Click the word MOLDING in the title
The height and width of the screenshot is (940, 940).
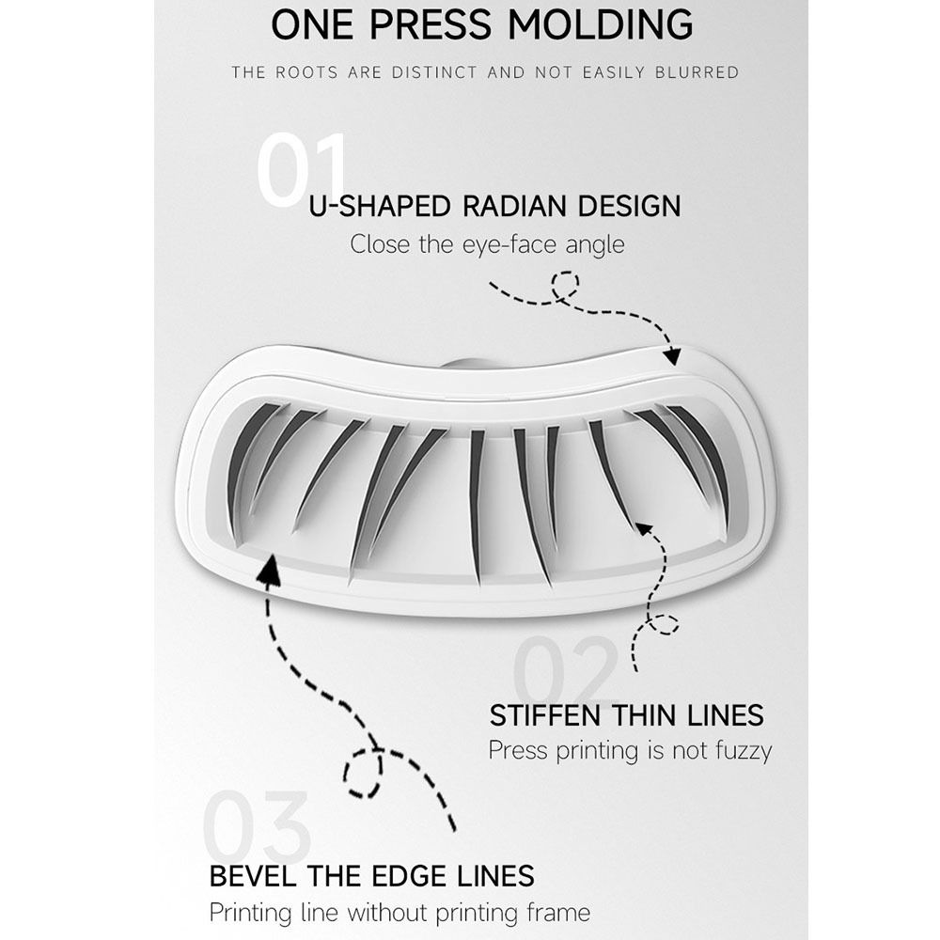tap(601, 24)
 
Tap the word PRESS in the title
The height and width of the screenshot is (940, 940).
tap(431, 24)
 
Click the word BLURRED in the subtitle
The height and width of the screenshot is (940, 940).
tap(697, 72)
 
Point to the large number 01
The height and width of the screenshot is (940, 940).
tap(303, 171)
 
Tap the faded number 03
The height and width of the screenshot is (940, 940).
tap(257, 826)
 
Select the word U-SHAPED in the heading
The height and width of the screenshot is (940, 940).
tap(380, 206)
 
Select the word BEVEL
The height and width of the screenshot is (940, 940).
tap(253, 876)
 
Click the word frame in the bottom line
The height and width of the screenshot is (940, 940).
tap(558, 913)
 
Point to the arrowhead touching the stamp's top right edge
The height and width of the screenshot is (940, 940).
tap(673, 355)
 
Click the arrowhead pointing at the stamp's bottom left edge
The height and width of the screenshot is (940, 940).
tap(270, 569)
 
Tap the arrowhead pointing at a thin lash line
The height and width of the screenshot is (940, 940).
tap(643, 528)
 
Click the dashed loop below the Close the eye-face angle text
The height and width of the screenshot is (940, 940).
tap(565, 286)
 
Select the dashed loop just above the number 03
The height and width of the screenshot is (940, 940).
tap(363, 773)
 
